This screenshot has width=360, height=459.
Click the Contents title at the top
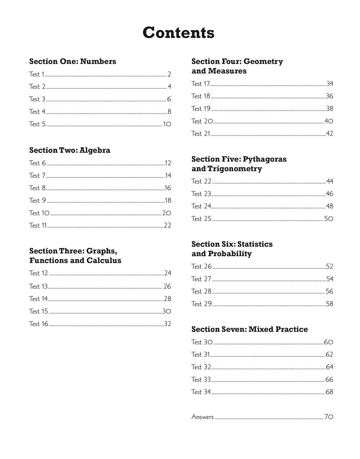pos(178,33)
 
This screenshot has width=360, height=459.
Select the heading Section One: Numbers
pos(73,61)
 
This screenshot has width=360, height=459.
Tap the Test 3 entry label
pos(37,99)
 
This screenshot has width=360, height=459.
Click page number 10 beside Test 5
pos(167,124)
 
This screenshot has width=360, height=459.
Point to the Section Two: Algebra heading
pos(70,150)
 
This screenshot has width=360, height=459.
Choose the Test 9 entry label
pos(37,200)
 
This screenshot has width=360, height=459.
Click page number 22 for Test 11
pos(168,225)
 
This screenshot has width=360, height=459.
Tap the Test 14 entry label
pos(38,299)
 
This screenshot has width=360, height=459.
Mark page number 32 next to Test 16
pos(168,324)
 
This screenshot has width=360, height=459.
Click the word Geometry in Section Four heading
pos(263,61)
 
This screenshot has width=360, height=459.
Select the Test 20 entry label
pos(202,121)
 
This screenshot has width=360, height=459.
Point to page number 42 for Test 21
pos(330,134)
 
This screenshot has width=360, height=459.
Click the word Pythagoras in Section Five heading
pos(264,159)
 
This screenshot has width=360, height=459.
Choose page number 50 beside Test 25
pos(329,219)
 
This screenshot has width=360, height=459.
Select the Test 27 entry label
pos(201,279)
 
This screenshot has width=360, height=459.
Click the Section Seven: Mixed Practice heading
pos(250,329)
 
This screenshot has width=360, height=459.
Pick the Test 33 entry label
pos(201,380)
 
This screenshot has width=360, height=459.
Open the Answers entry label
pos(202,417)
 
